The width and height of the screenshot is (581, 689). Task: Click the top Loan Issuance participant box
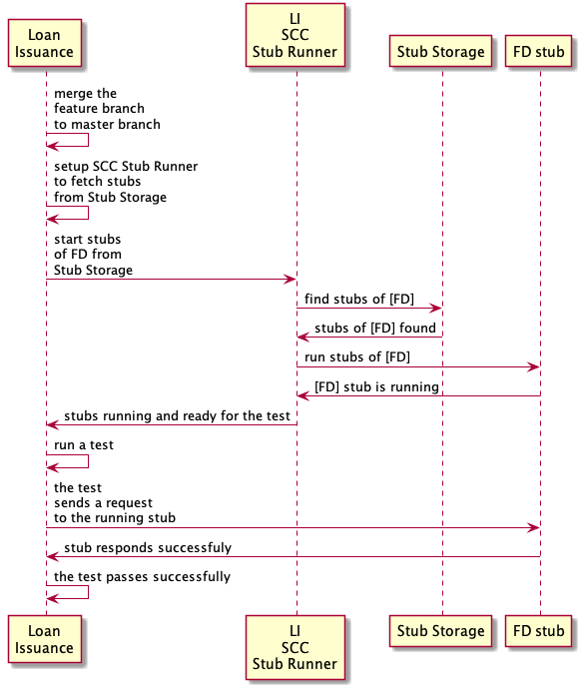click(45, 43)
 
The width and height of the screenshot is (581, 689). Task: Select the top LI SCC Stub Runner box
click(295, 35)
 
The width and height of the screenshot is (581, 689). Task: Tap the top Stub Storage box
click(440, 51)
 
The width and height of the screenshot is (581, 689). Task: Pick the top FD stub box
click(538, 51)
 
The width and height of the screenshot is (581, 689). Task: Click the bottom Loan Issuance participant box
click(45, 639)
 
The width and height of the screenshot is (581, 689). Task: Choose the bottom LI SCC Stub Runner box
click(295, 647)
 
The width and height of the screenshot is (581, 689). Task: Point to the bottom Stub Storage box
click(440, 631)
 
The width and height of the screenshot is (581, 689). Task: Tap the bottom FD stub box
click(538, 631)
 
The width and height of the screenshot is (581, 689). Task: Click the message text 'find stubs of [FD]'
click(359, 299)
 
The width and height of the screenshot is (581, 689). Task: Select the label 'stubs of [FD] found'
click(375, 328)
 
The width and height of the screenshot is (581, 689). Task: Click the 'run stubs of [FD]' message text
click(357, 356)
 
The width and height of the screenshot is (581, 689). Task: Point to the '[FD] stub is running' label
click(376, 386)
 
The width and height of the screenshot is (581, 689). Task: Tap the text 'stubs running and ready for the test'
click(177, 415)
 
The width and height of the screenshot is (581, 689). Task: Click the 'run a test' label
click(84, 444)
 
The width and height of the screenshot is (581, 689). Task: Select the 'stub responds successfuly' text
click(148, 547)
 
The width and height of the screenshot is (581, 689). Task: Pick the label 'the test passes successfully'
click(142, 576)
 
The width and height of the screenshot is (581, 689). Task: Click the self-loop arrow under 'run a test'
click(88, 461)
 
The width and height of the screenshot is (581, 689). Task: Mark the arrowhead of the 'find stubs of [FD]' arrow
click(435, 308)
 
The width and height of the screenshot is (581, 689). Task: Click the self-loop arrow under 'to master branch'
click(88, 140)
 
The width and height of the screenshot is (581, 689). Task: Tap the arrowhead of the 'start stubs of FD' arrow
click(290, 279)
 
